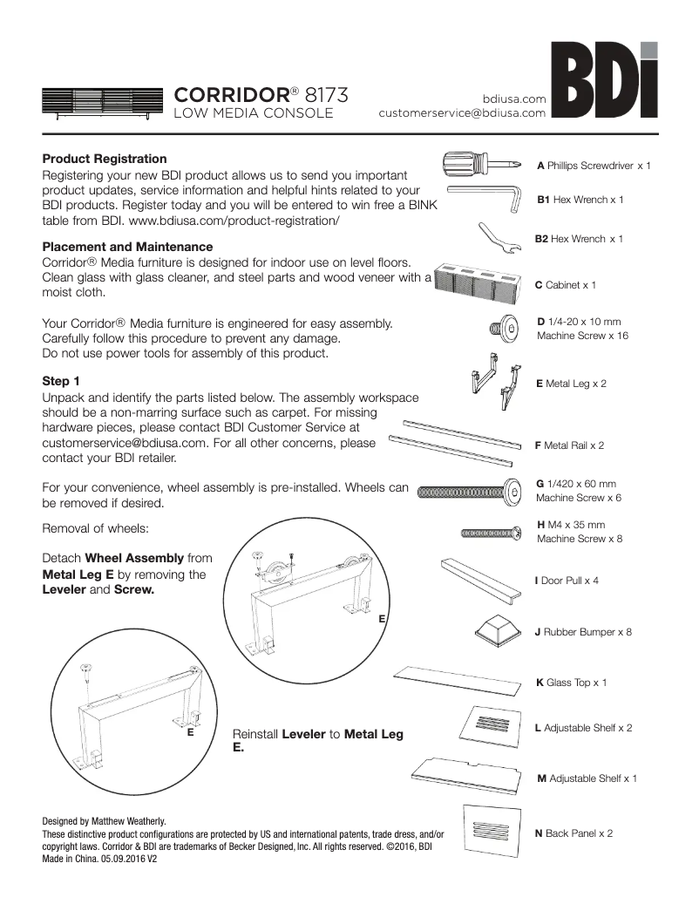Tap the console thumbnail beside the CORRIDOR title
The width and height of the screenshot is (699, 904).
click(x=102, y=102)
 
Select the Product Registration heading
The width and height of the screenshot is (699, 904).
click(x=105, y=159)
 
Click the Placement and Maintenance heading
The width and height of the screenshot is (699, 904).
click(x=127, y=247)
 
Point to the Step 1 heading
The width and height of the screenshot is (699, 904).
click(x=61, y=381)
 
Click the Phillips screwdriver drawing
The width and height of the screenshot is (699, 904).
click(x=482, y=163)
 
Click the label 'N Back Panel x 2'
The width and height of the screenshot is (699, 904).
click(x=573, y=833)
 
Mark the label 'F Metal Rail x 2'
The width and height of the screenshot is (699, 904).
click(x=569, y=445)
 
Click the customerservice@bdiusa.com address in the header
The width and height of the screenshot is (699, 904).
click(x=462, y=112)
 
